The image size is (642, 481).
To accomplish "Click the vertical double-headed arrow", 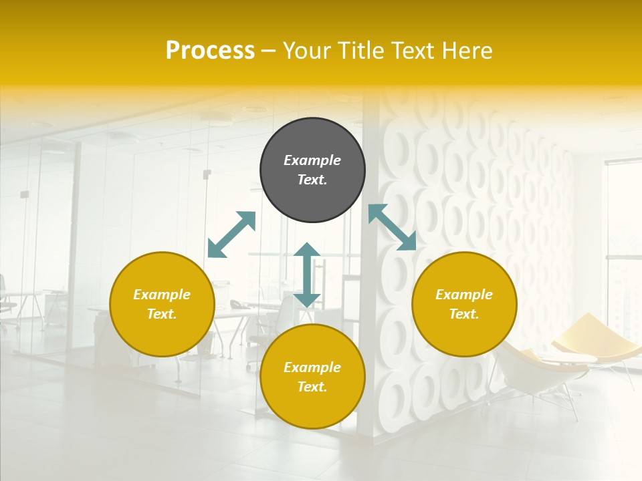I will pos(307,275).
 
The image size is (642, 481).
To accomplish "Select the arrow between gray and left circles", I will pos(231,234).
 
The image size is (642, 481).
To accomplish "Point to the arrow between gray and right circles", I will pos(393,227).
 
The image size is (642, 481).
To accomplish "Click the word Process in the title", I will pos(210,51).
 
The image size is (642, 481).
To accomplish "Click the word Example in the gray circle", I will pos(312,160).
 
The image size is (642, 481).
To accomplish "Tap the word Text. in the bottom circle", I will pos(312,387).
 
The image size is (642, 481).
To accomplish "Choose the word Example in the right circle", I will pos(464,295).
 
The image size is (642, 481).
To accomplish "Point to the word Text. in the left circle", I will pos(162,314).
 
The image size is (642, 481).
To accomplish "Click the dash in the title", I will pos(269,51).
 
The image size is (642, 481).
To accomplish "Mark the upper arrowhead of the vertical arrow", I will pos(307,251).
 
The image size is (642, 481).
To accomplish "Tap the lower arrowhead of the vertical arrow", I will pos(307,300).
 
